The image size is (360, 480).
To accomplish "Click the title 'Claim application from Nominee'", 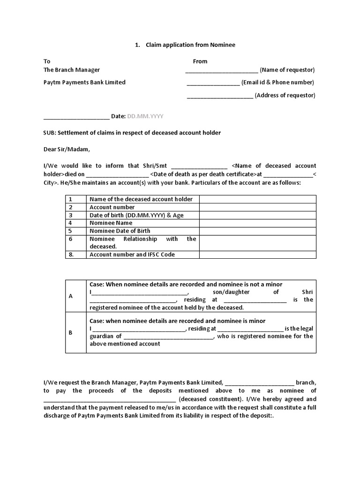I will [x=190, y=45].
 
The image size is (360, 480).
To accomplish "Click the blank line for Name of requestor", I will [x=221, y=71].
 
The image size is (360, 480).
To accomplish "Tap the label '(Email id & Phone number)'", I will [x=277, y=82].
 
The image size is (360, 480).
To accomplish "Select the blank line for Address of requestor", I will [x=220, y=96].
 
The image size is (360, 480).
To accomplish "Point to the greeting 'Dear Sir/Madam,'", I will [x=66, y=150].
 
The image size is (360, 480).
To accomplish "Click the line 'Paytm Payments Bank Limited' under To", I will [x=84, y=82].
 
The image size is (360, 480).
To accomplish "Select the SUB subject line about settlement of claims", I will [x=132, y=133].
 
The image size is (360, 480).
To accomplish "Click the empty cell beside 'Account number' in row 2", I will [x=257, y=207].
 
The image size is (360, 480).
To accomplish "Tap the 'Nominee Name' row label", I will [x=111, y=223].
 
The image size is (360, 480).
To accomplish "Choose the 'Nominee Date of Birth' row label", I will [x=120, y=231].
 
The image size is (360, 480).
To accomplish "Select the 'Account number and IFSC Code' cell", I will [x=132, y=255].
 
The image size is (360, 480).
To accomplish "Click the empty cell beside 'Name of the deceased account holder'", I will [x=257, y=199].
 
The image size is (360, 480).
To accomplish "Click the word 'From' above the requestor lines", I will [x=200, y=61].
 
